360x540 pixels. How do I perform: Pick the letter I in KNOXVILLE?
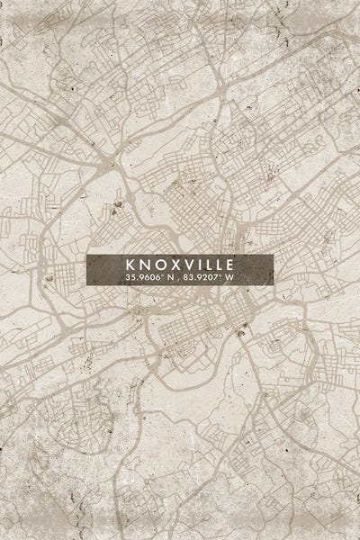[197, 265]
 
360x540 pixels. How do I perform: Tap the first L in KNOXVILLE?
[206, 265]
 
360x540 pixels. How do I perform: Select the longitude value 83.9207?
[203, 278]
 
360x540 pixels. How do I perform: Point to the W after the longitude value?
[229, 278]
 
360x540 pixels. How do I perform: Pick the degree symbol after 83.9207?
[221, 275]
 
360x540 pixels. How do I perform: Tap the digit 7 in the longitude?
[217, 278]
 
